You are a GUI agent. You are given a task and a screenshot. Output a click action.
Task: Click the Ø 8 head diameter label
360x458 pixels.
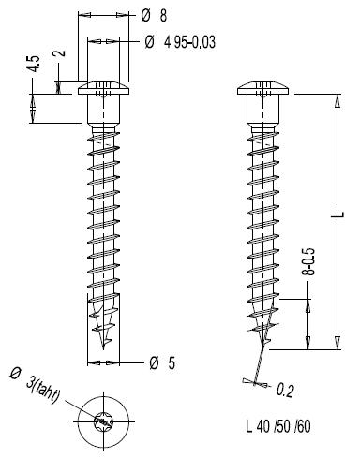pyautogui.click(x=154, y=15)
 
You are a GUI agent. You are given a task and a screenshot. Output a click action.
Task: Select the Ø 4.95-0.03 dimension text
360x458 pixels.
pyautogui.click(x=180, y=42)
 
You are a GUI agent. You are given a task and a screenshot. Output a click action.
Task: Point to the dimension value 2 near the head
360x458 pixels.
pyautogui.click(x=60, y=52)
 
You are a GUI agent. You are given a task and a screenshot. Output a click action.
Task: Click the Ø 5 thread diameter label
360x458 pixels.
pyautogui.click(x=162, y=363)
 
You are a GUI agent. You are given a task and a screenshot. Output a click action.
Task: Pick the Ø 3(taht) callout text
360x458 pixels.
pyautogui.click(x=35, y=386)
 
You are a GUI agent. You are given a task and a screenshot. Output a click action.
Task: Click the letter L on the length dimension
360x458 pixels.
pyautogui.click(x=340, y=214)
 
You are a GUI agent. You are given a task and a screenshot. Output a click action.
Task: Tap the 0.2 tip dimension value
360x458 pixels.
pyautogui.click(x=285, y=390)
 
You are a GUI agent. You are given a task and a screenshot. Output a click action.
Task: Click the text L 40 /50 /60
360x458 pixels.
pyautogui.click(x=278, y=426)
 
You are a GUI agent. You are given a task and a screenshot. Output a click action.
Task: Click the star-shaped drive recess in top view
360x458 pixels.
pyautogui.click(x=103, y=421)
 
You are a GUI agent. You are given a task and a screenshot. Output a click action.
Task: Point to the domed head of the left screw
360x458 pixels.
pyautogui.click(x=103, y=88)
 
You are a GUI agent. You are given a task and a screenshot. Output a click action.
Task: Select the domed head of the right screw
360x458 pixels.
pyautogui.click(x=262, y=88)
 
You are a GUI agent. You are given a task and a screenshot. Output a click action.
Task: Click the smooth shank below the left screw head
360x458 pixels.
pyautogui.click(x=103, y=109)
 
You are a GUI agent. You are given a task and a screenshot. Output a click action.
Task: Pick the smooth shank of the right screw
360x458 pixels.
pyautogui.click(x=262, y=109)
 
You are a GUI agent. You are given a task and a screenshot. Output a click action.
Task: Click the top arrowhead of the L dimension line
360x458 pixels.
pyautogui.click(x=337, y=100)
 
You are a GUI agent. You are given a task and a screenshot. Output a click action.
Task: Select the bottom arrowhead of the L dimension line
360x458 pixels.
pyautogui.click(x=337, y=343)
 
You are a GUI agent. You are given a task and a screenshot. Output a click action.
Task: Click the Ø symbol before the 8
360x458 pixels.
pyautogui.click(x=146, y=15)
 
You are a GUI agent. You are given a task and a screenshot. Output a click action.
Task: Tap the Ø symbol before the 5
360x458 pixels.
pyautogui.click(x=154, y=363)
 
